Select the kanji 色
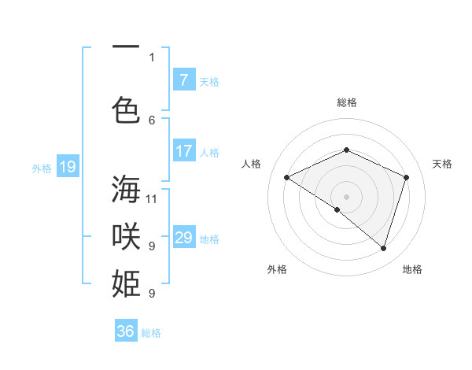coord(126,109)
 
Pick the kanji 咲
coord(126,235)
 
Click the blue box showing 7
coord(183,80)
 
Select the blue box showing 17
coord(183,151)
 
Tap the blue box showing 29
coord(183,238)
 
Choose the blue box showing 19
coord(67,167)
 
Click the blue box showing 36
coord(126,331)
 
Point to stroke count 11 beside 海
coord(153,198)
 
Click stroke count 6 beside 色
coord(153,120)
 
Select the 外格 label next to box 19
coord(42,168)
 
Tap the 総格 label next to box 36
coord(151,333)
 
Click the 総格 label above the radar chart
coord(346,102)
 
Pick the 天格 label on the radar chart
coord(442,164)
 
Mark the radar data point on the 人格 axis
coord(287,178)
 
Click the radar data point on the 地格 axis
coord(384,248)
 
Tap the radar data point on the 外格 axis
coord(337,209)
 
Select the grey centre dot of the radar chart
coord(346,196)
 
